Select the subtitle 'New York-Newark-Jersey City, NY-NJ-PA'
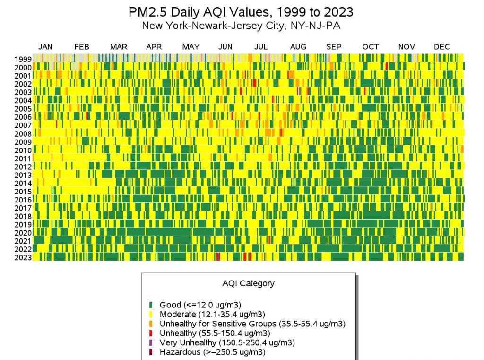(x=242, y=26)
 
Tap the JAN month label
(x=45, y=47)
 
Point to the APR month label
(x=154, y=47)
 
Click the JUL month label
(x=261, y=47)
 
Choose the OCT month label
(x=371, y=47)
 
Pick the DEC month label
(x=442, y=47)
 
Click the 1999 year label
(x=23, y=60)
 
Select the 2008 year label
(x=23, y=134)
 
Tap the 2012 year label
(x=23, y=167)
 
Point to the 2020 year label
(x=23, y=233)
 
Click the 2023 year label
(x=23, y=257)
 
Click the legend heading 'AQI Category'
(x=248, y=284)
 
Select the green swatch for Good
(x=151, y=305)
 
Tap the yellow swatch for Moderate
(x=151, y=314)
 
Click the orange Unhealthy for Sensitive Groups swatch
(x=151, y=324)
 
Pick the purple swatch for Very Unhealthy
(x=151, y=342)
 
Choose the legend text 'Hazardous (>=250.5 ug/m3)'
(x=212, y=352)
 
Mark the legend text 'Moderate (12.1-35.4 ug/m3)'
(x=212, y=314)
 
